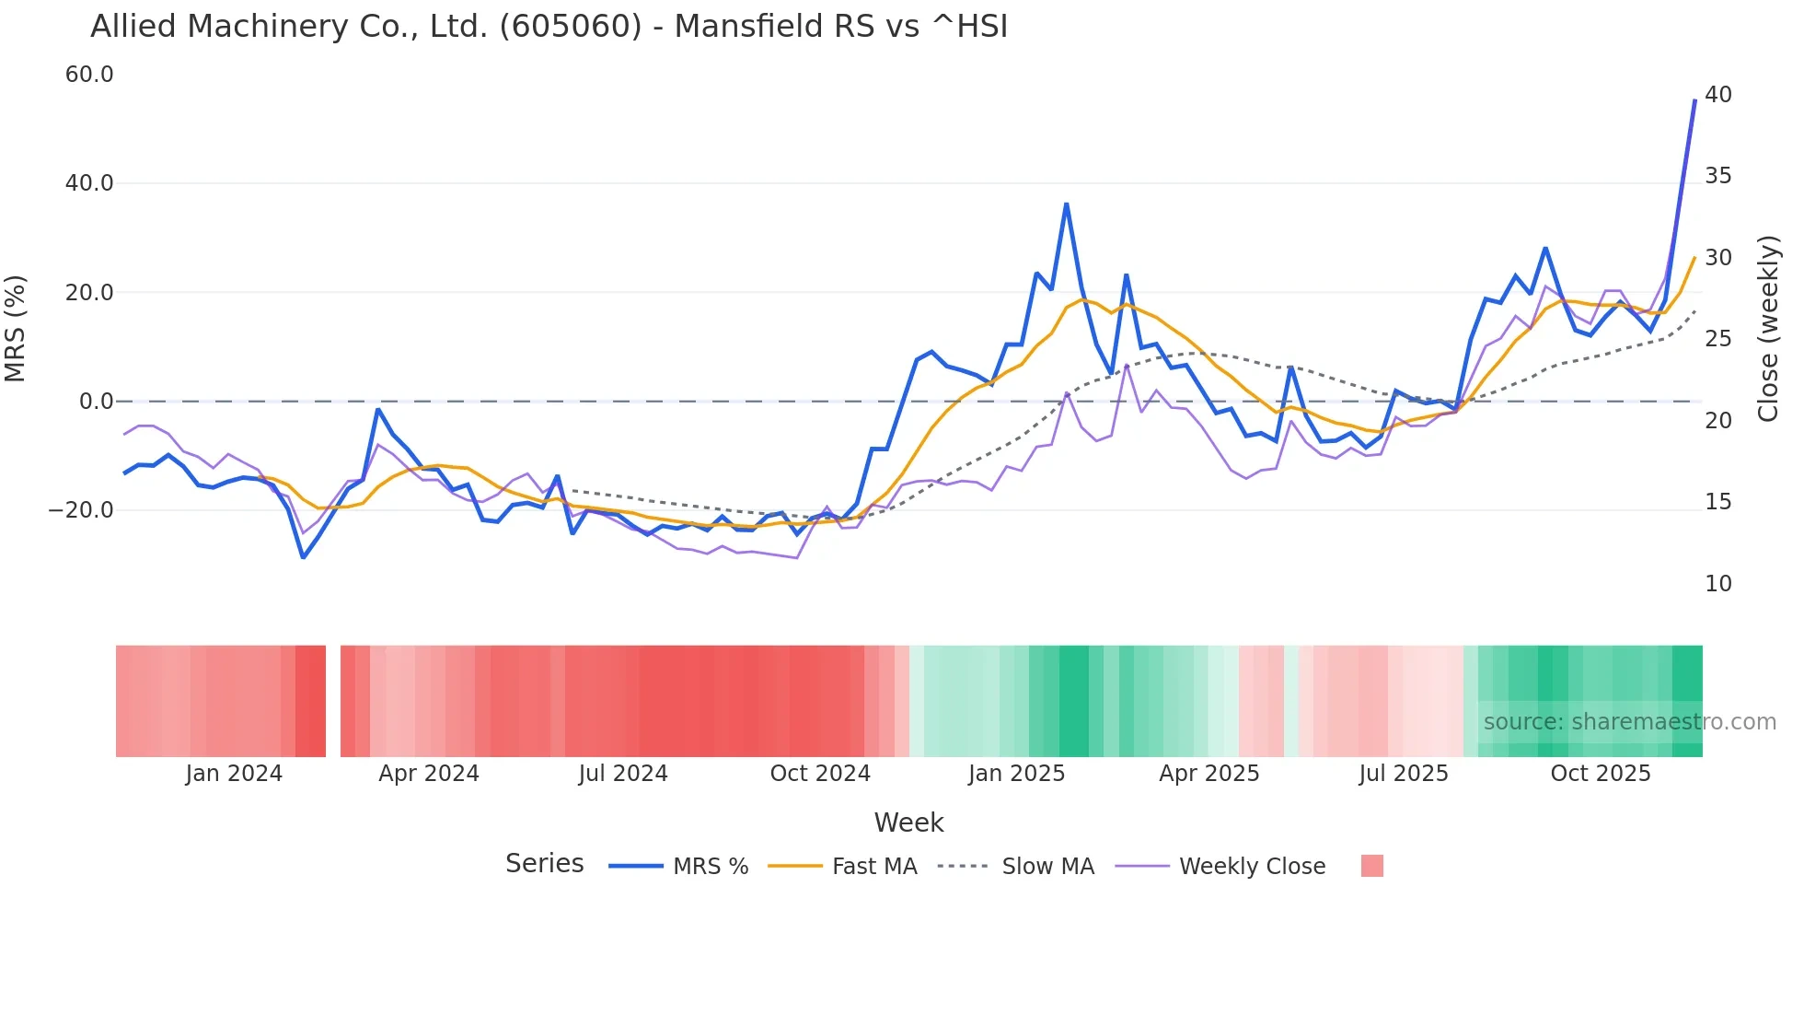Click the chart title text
point(549,27)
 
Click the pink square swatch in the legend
point(1371,866)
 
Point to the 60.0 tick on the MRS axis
point(89,75)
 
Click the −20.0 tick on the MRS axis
point(81,510)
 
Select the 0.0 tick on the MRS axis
point(96,402)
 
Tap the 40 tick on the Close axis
point(1717,95)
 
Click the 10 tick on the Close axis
point(1717,584)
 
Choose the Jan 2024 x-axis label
point(234,774)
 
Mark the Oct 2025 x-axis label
point(1600,774)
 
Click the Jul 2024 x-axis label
point(623,774)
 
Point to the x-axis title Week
point(908,822)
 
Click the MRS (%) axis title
point(16,329)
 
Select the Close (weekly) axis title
point(1768,329)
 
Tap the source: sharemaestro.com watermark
point(1629,722)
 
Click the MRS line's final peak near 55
point(1694,100)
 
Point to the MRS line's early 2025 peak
point(1066,204)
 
